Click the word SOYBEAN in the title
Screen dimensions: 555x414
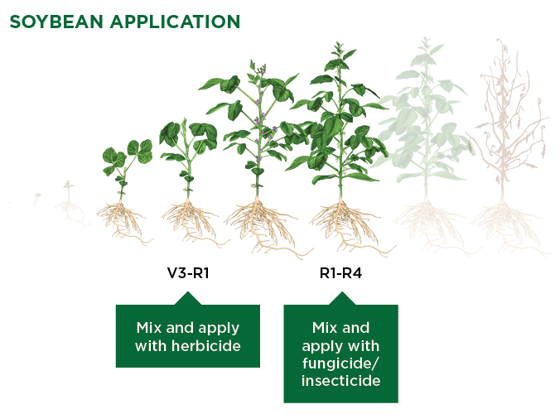point(56,22)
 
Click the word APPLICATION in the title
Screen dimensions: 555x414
point(176,22)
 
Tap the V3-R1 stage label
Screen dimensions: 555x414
point(188,273)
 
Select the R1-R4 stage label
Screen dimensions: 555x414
point(340,273)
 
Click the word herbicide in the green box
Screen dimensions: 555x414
point(206,346)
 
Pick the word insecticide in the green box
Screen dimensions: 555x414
point(340,380)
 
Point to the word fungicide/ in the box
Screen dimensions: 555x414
point(340,363)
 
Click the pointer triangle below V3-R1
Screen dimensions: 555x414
point(188,298)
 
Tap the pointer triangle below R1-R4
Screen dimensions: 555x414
point(342,298)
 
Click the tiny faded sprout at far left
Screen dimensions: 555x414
point(36,200)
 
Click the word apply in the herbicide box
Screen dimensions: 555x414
point(219,329)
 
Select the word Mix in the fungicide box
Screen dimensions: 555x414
point(321,327)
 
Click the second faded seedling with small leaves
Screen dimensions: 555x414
point(68,202)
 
